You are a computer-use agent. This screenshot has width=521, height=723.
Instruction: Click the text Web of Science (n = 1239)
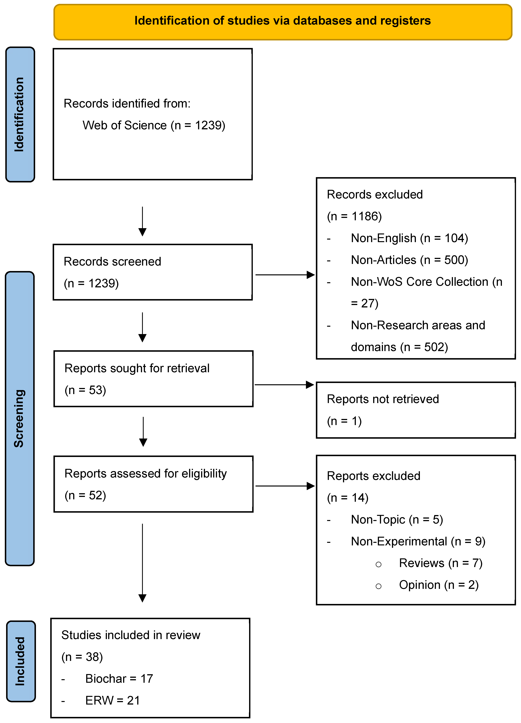click(154, 125)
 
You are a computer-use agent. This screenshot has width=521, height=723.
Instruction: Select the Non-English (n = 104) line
click(409, 238)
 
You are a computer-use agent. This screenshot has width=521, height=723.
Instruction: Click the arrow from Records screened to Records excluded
click(285, 275)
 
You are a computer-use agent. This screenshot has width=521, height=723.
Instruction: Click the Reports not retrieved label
click(383, 399)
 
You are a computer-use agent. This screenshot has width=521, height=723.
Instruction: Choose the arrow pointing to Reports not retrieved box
click(284, 385)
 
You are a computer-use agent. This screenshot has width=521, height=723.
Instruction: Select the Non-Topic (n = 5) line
click(397, 520)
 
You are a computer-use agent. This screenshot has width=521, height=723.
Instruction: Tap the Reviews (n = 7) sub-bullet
click(441, 563)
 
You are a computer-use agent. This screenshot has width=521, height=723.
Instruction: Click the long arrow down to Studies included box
click(143, 563)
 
